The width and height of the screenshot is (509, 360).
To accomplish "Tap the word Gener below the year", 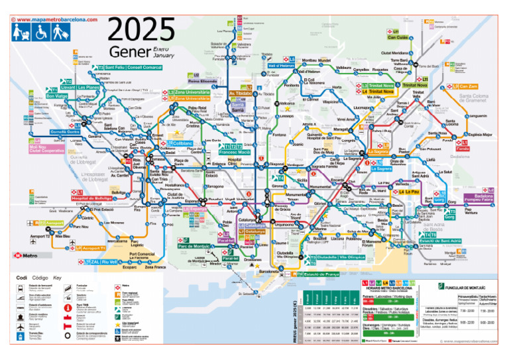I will (x=131, y=52).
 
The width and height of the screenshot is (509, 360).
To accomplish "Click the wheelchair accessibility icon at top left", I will (x=40, y=32).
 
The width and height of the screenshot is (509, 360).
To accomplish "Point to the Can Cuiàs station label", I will (x=398, y=38).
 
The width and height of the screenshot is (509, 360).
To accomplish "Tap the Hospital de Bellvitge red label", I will (x=91, y=198).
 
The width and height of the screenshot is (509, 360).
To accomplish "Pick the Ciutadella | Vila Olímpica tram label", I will (x=341, y=257).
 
